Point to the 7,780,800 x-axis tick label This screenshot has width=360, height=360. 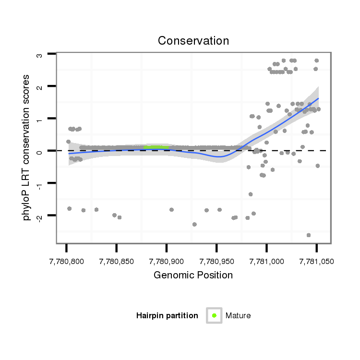click(x=66, y=262)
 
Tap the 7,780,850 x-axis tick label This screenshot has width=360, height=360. click(x=116, y=262)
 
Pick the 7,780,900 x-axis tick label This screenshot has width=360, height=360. click(x=166, y=262)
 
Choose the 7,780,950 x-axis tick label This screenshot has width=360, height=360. click(x=216, y=262)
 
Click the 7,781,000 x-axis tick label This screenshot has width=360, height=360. click(x=266, y=262)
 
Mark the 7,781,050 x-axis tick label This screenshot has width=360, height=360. click(x=316, y=262)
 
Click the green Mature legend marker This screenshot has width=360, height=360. click(x=214, y=315)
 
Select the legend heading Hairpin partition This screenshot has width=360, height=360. click(x=167, y=316)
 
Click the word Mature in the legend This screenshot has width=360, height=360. click(x=238, y=316)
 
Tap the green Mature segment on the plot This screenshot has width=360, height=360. click(x=156, y=147)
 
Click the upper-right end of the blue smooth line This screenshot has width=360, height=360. click(x=318, y=98)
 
